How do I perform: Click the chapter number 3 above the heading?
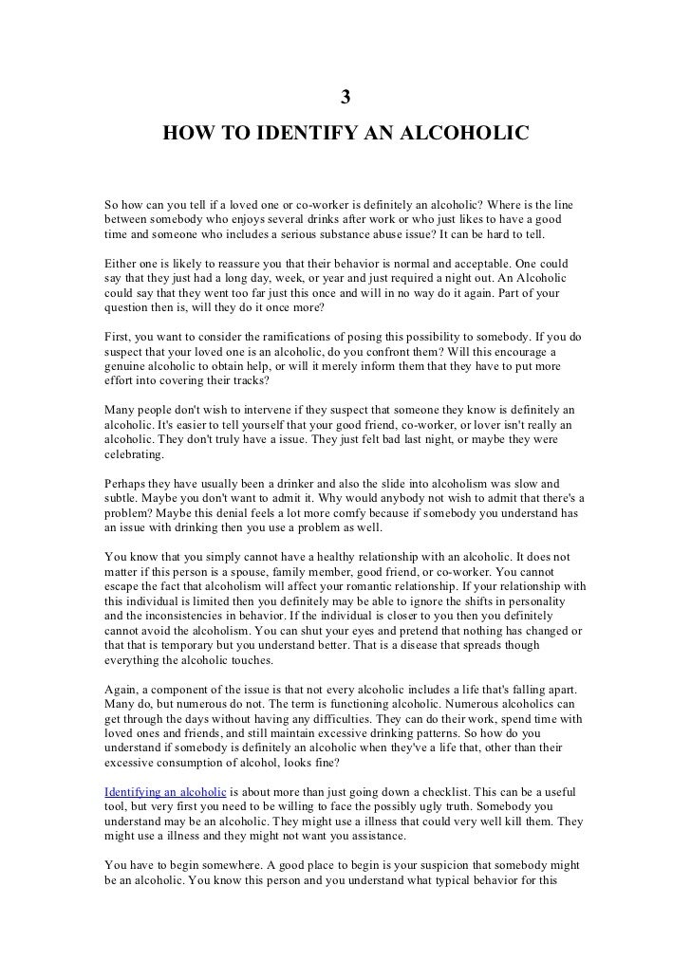346,97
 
